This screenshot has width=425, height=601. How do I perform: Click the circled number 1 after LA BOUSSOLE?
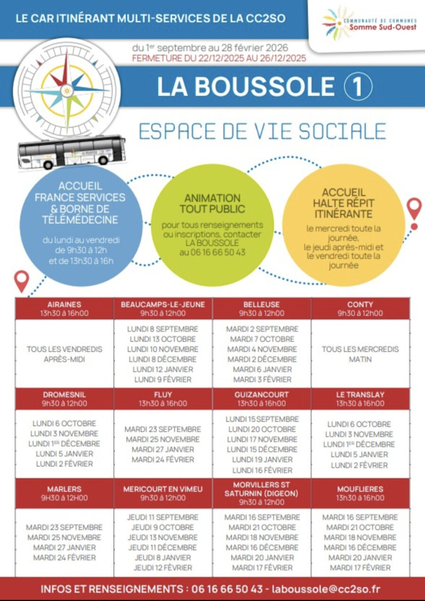click(358, 86)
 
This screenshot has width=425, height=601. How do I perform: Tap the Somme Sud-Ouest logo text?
click(383, 27)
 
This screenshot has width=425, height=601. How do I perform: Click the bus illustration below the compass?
click(72, 152)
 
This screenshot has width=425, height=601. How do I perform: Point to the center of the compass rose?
click(67, 91)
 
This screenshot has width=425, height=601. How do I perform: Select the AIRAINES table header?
click(64, 309)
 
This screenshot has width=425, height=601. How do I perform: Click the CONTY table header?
click(360, 309)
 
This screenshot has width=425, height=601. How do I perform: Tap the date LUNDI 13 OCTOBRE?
click(162, 339)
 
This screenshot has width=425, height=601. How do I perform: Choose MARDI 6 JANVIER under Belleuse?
click(262, 370)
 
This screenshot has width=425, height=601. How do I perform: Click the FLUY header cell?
click(163, 399)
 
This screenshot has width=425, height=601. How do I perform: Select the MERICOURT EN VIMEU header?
click(163, 493)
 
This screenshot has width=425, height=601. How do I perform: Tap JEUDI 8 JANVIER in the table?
click(162, 558)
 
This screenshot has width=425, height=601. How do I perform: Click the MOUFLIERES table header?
click(360, 493)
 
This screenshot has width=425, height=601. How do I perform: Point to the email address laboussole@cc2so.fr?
click(326, 588)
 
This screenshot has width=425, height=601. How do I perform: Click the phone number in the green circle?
click(212, 252)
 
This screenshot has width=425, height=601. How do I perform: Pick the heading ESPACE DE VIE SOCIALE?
click(263, 131)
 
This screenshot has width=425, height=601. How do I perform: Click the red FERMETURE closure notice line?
click(219, 58)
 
